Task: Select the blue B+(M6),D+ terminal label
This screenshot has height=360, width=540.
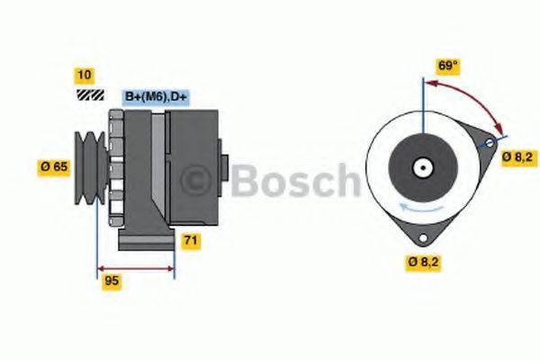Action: point(161,96)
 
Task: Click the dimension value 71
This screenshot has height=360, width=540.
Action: point(191,240)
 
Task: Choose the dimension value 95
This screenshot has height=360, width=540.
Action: point(112,282)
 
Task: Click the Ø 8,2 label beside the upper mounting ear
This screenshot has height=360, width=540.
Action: point(517,157)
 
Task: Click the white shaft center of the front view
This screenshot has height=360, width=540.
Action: point(421,166)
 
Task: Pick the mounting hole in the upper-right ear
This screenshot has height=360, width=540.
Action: point(490,144)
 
